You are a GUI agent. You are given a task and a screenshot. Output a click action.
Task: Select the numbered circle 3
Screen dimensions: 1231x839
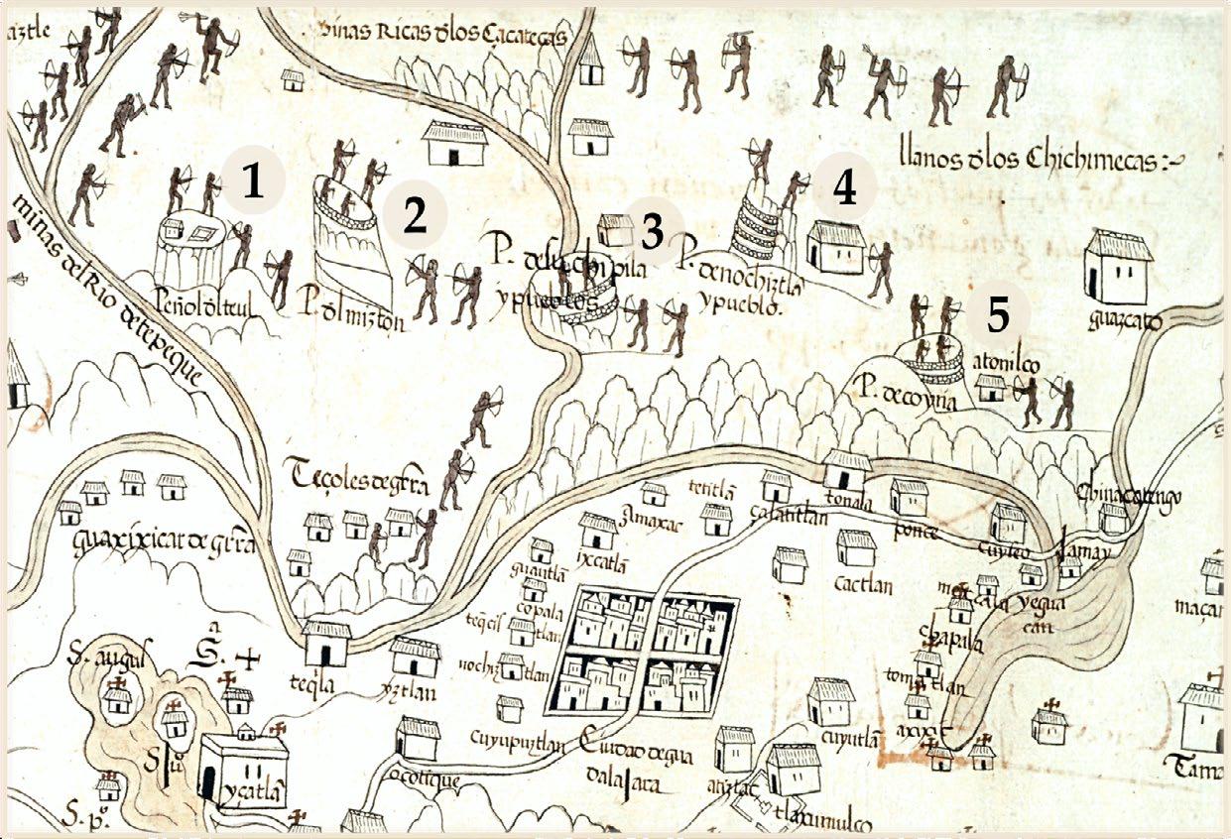[651, 231]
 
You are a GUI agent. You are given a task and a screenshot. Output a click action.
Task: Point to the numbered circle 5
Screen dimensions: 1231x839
[997, 314]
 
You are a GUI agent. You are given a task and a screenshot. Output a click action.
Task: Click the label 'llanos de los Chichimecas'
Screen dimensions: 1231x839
[1042, 159]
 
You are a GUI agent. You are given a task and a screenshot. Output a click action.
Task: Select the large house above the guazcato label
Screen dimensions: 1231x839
[1119, 266]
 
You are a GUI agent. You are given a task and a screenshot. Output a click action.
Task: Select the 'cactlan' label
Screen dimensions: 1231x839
[863, 585]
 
